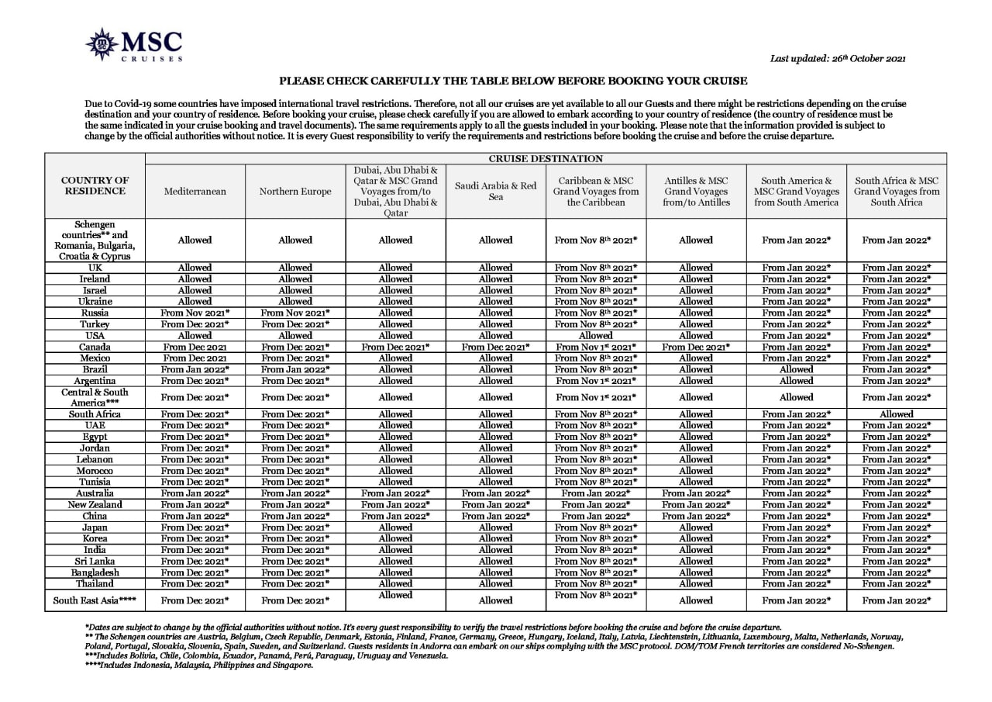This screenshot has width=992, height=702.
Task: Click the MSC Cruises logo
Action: [x=134, y=45]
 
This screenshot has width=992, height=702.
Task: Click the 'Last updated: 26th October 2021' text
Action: [x=838, y=58]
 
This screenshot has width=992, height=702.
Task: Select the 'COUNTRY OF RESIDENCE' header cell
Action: [x=95, y=186]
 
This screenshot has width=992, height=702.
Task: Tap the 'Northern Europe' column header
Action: [x=295, y=192]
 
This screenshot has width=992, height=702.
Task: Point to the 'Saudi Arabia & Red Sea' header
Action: [x=495, y=192]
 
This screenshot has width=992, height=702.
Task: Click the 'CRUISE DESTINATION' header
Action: [x=546, y=158]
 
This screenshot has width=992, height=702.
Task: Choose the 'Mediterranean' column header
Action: [x=195, y=192]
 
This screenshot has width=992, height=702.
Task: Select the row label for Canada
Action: [x=95, y=347]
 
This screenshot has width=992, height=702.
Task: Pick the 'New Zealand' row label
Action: [x=95, y=505]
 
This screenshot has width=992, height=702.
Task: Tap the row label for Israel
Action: [x=95, y=290]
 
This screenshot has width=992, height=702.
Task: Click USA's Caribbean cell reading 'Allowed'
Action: [x=595, y=336]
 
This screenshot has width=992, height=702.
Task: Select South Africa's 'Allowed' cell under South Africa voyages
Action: [x=896, y=414]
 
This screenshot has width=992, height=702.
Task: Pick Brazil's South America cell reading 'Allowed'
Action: [x=796, y=369]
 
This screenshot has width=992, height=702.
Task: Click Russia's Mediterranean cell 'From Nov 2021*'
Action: [x=195, y=313]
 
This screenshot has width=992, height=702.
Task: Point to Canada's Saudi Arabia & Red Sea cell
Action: [x=495, y=347]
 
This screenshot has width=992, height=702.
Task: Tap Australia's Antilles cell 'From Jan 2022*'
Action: [x=695, y=493]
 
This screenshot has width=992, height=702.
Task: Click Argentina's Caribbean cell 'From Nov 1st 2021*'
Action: [x=595, y=381]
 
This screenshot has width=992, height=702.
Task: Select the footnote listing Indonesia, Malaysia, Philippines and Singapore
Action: [x=198, y=665]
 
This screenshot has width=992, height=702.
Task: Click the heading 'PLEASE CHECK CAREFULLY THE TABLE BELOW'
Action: [x=513, y=81]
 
